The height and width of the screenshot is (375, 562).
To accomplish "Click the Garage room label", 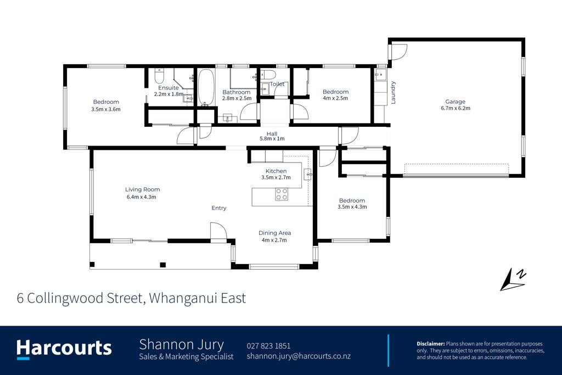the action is pyautogui.click(x=455, y=102).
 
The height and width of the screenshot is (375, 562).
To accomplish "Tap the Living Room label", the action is pyautogui.click(x=142, y=189).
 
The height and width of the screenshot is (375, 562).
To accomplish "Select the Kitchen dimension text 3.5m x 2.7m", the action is pyautogui.click(x=276, y=177).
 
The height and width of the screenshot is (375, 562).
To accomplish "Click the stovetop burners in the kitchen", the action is pyautogui.click(x=282, y=194).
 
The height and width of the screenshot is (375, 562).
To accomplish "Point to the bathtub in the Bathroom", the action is pyautogui.click(x=206, y=87).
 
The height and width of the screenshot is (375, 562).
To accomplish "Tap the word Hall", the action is pyautogui.click(x=272, y=134).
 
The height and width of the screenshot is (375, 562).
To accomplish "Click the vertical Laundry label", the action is pyautogui.click(x=393, y=92).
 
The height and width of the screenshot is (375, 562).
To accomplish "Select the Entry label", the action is pyautogui.click(x=218, y=208).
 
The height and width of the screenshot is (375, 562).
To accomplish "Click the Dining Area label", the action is pyautogui.click(x=274, y=233).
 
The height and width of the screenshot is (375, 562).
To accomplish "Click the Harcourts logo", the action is pyautogui.click(x=64, y=349).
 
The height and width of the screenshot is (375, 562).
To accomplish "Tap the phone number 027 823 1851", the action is pyautogui.click(x=268, y=346).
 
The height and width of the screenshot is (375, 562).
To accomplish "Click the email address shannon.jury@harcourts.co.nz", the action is pyautogui.click(x=299, y=356).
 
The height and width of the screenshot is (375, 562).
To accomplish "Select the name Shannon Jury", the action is pyautogui.click(x=181, y=344).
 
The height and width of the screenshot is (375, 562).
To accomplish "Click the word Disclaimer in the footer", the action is pyautogui.click(x=430, y=344).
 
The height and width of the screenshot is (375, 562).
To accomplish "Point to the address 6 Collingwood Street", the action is pyautogui.click(x=80, y=298).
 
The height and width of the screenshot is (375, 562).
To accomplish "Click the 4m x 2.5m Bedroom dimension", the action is pyautogui.click(x=335, y=98).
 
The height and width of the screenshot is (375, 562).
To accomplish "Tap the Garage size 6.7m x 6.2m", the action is pyautogui.click(x=455, y=108).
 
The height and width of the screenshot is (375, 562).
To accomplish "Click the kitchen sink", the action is pyautogui.click(x=307, y=174).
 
